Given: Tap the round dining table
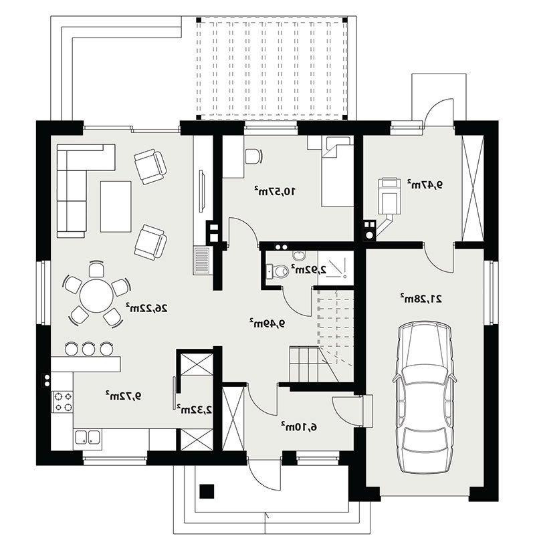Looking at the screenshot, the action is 96,295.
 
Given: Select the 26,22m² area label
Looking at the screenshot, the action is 147,308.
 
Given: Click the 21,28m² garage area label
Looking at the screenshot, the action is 421,299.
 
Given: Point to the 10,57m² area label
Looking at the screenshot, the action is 275,191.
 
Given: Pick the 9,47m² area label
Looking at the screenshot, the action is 424,184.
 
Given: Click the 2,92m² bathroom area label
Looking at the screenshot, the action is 309,269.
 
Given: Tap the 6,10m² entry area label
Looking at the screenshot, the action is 299,426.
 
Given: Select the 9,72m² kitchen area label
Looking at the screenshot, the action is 124,396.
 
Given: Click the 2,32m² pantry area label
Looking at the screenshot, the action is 195,409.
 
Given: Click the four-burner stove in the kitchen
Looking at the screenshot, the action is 63,402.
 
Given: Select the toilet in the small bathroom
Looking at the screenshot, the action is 280,271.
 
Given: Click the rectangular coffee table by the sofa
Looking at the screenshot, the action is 116,207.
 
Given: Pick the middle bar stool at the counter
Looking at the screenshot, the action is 88,348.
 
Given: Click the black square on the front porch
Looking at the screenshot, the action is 207,491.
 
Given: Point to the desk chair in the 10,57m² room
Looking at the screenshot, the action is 253,156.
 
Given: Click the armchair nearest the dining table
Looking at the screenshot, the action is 150,241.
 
